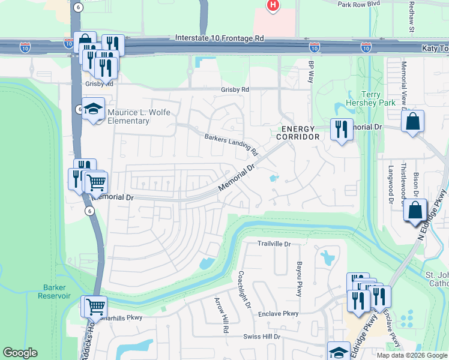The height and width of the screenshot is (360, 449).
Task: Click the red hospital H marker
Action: point(273,6)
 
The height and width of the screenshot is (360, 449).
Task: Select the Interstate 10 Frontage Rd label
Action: point(219,38)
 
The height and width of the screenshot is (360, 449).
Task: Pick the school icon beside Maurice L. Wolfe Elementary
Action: point(93,110)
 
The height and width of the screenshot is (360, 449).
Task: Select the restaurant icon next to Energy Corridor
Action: point(341,130)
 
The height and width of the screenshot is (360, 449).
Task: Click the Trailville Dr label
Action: point(274,244)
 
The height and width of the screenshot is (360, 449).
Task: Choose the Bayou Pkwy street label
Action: point(298,278)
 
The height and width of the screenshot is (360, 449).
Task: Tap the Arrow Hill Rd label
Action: point(222,315)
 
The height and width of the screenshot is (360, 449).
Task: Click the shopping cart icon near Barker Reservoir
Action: point(95,307)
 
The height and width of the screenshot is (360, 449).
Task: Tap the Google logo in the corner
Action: point(20,353)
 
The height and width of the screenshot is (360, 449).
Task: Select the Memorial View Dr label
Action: point(404,83)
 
